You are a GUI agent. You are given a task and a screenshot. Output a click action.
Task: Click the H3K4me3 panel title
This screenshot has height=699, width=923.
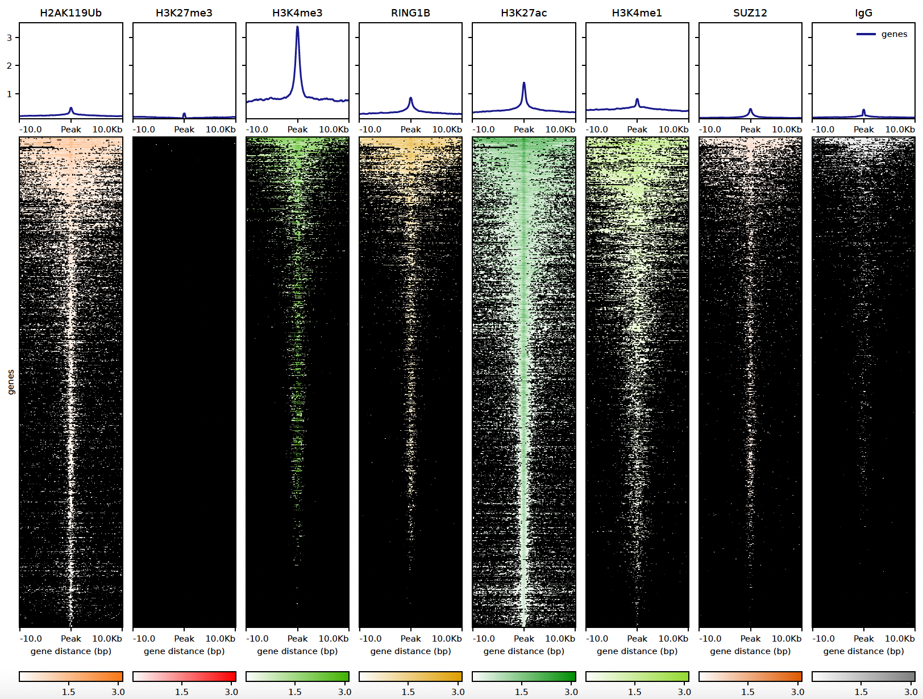coord(297,13)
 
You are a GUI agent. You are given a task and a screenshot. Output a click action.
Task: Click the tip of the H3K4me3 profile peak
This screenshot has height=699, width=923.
coord(297,27)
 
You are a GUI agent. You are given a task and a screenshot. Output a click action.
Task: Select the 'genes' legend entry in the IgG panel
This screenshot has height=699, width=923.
coord(894,34)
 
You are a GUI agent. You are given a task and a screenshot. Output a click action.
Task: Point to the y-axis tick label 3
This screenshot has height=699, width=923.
coord(9,38)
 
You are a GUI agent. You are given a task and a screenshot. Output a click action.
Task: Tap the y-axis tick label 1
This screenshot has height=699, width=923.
coord(9,94)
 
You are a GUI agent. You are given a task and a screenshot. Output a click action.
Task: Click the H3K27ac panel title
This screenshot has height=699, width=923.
coord(523,13)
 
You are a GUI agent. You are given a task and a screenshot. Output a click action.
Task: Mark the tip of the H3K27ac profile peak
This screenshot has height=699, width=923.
coord(523,83)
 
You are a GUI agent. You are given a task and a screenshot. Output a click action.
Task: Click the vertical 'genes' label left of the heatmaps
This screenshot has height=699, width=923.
coord(11,382)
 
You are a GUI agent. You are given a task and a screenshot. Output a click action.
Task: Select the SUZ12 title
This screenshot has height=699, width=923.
coord(750,13)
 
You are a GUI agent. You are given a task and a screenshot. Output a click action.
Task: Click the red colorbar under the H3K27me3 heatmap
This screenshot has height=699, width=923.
coord(184,676)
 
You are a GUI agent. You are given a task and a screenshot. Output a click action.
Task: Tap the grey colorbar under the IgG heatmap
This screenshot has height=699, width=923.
coord(863,676)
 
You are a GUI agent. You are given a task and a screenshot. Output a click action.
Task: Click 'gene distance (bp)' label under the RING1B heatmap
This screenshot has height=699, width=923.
coord(410,651)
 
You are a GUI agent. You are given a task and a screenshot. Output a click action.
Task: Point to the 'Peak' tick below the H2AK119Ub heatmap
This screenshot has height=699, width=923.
coord(71,639)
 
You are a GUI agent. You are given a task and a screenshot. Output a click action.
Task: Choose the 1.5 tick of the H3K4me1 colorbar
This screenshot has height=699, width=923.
coord(634,692)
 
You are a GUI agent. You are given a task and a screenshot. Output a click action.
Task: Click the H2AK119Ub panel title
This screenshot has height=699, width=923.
coord(71,13)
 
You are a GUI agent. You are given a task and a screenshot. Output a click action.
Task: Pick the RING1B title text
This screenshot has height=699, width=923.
coord(410,13)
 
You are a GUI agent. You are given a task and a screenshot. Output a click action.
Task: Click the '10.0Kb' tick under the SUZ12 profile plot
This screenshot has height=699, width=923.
coord(787,130)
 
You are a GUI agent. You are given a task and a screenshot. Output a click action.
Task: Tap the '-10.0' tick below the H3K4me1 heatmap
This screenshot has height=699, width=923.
coord(597,639)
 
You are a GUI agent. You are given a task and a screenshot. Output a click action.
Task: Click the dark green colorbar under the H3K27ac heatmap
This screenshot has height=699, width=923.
coord(523,676)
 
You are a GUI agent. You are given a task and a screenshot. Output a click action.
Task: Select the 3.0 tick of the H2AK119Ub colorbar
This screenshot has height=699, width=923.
coord(118,692)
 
